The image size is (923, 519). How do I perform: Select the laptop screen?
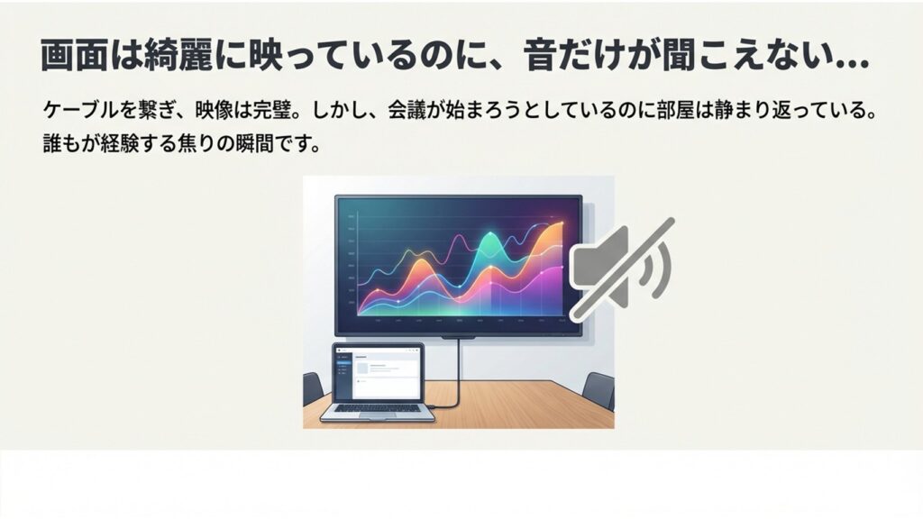coord(378,371)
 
